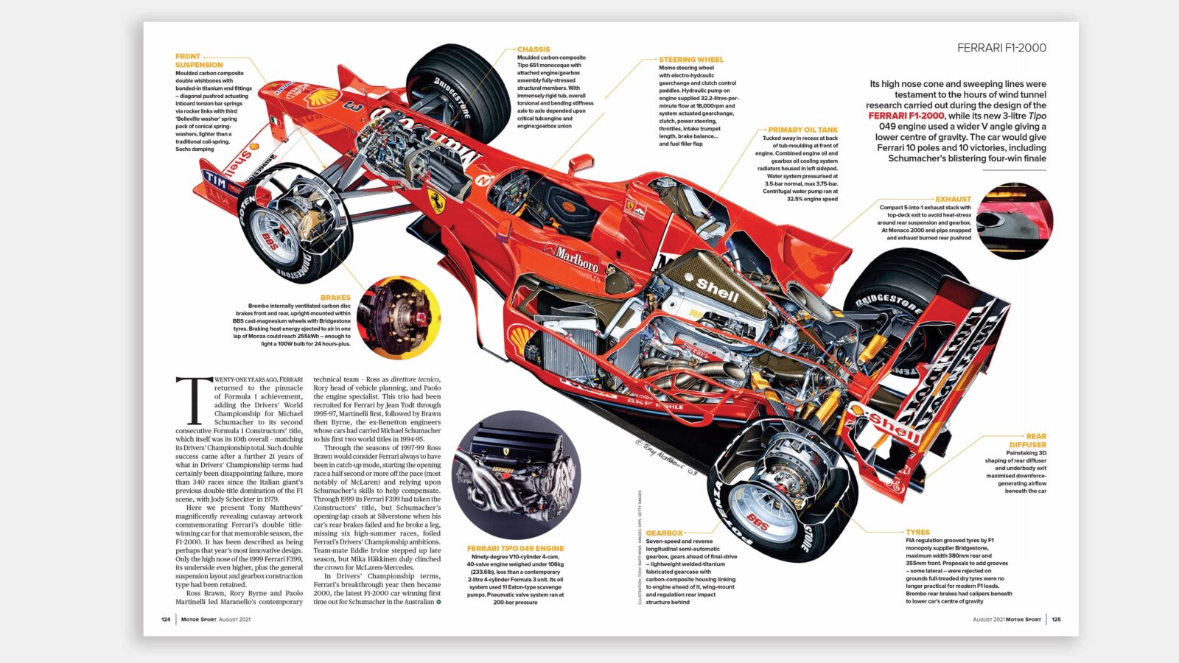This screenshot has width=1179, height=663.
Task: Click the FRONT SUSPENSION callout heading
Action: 198,60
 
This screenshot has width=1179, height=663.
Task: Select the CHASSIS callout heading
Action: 533,49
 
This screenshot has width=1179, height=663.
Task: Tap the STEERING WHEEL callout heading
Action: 690,60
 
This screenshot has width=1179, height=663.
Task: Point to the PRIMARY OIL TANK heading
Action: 802,130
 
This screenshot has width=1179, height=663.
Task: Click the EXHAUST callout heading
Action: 953,199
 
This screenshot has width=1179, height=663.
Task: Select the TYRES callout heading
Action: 917,532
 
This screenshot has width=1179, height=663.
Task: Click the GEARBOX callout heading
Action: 663,533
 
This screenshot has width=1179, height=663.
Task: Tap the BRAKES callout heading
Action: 335,298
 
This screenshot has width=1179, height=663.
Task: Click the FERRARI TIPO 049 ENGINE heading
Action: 515,548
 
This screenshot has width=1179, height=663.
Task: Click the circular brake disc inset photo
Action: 398,318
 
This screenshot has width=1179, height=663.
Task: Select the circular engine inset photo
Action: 515,474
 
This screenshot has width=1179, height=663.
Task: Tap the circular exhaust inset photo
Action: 1015,222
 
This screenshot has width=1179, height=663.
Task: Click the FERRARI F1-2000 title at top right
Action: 1001,48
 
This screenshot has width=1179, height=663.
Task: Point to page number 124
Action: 166,620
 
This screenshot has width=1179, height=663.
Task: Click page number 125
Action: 1056,620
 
